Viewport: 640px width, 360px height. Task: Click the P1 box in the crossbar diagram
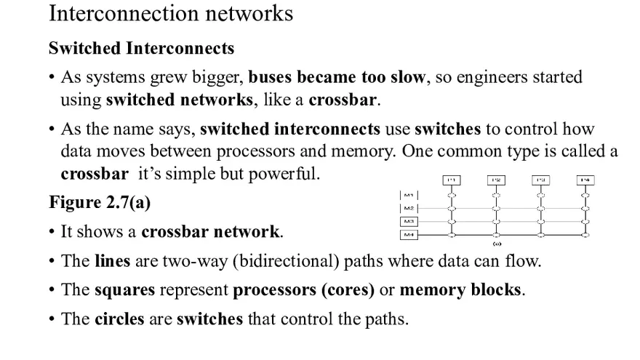click(x=451, y=180)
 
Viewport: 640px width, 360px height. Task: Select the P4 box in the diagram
click(x=585, y=180)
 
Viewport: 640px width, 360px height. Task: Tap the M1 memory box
click(x=409, y=195)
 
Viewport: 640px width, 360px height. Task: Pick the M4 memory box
click(x=409, y=234)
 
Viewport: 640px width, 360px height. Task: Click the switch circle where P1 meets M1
click(x=451, y=195)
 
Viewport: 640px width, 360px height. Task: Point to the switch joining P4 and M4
click(x=585, y=234)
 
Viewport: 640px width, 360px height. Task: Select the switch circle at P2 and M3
click(x=496, y=221)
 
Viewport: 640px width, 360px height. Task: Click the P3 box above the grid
click(x=540, y=180)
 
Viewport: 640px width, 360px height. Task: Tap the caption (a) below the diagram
click(x=497, y=244)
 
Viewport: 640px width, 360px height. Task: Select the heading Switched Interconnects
click(x=141, y=49)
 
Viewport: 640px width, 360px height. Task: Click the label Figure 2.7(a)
click(x=100, y=202)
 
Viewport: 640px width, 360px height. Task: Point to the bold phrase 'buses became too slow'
click(x=336, y=77)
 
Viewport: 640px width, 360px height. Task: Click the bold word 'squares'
click(x=124, y=289)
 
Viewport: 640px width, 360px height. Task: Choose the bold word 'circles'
click(x=120, y=319)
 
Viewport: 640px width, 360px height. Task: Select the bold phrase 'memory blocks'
click(x=460, y=289)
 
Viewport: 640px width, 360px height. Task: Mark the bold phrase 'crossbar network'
click(x=210, y=232)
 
